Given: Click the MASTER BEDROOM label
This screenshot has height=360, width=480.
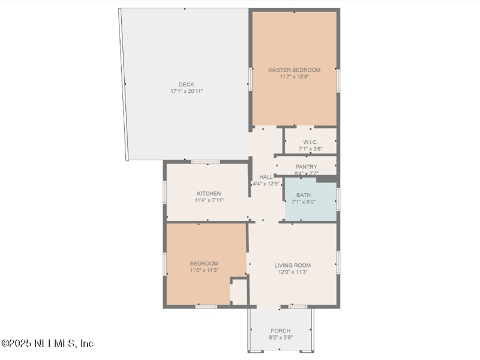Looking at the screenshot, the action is (x=294, y=70).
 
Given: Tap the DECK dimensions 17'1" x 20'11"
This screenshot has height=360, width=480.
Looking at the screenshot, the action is (x=187, y=91).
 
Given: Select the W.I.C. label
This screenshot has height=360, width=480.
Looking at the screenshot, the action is (x=310, y=142).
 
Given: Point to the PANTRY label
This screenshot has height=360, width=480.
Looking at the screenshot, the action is (x=306, y=167).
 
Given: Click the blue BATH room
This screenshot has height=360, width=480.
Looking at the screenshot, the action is (x=311, y=200).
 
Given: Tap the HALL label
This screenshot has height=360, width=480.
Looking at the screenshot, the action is (x=266, y=177).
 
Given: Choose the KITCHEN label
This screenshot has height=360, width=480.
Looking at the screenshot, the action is (x=209, y=193).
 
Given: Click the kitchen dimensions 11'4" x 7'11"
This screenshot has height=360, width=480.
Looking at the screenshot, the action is (x=209, y=200).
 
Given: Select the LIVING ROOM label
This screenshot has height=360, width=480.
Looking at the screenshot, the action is (x=293, y=265).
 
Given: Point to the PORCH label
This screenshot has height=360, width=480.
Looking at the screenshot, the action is (x=281, y=331).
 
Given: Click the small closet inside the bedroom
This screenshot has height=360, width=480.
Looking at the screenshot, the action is (x=238, y=292).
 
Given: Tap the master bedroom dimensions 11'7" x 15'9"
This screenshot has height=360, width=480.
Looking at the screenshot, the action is (x=294, y=77).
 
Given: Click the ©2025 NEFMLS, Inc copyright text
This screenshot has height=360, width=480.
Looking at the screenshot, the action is (x=47, y=343).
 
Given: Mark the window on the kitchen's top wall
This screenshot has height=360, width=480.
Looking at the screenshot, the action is (x=205, y=161).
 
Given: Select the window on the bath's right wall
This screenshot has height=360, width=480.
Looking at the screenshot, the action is (x=338, y=199).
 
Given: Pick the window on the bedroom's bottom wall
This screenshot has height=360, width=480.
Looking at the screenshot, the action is (x=206, y=307).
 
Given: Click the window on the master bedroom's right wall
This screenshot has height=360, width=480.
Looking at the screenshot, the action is (x=338, y=81).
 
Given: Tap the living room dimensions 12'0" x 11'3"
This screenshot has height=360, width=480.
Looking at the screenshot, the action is (x=293, y=272).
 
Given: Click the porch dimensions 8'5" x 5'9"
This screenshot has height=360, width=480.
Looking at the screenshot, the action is (x=281, y=337).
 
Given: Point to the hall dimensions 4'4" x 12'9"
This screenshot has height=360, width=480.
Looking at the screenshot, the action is (x=266, y=184).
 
